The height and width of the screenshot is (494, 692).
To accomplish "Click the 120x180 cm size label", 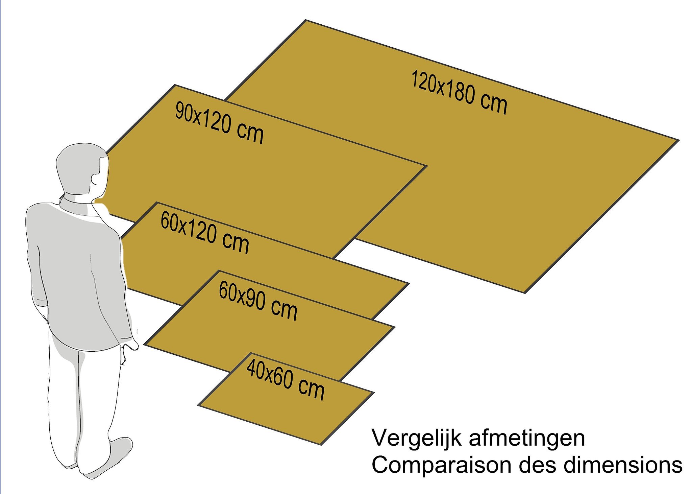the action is pos(459,92).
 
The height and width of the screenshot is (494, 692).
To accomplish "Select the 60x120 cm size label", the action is pos(205,233).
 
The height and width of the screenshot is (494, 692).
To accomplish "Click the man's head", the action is pos(82,169).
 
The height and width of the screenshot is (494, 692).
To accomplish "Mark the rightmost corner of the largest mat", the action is pos(678,140).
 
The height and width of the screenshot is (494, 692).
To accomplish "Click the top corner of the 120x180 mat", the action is pos(306,20).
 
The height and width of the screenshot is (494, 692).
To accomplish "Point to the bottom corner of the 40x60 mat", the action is pos(321,444).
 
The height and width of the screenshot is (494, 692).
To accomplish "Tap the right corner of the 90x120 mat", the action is pos(427,166).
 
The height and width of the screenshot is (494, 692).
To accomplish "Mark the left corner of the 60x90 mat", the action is pos(145,345).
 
